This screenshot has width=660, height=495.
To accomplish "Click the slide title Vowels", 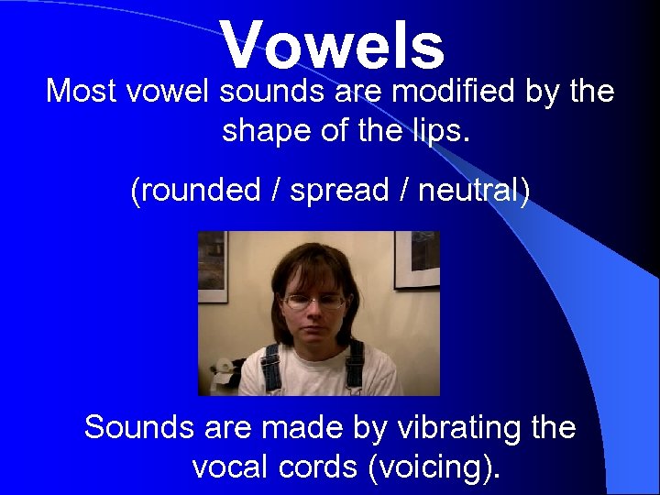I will tap(332, 45).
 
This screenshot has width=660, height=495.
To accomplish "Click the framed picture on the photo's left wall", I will tap(212, 266).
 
